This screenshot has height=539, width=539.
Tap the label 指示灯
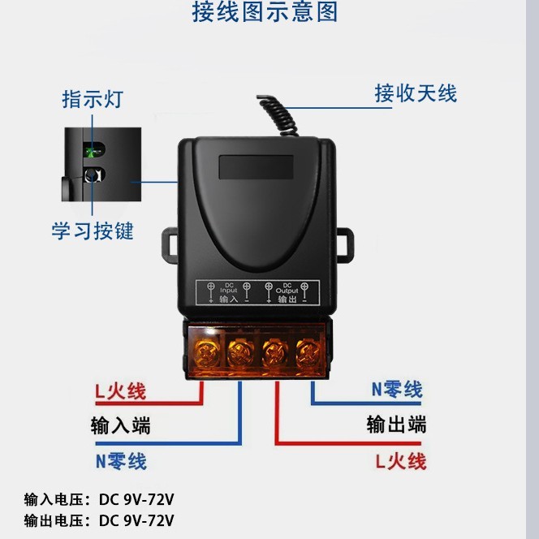tap(93, 100)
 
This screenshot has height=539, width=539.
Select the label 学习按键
tap(93, 231)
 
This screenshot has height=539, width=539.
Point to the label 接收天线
tap(416, 93)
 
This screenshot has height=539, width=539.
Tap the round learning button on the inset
tap(92, 175)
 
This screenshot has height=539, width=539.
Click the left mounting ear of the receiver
tap(171, 244)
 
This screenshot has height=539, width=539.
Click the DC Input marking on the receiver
tap(228, 290)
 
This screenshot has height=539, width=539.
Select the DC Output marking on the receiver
tap(287, 290)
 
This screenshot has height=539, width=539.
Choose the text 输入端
tap(120, 425)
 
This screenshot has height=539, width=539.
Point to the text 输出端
tap(396, 425)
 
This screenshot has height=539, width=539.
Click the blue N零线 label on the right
tap(397, 390)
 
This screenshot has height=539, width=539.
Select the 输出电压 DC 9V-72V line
tap(99, 520)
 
